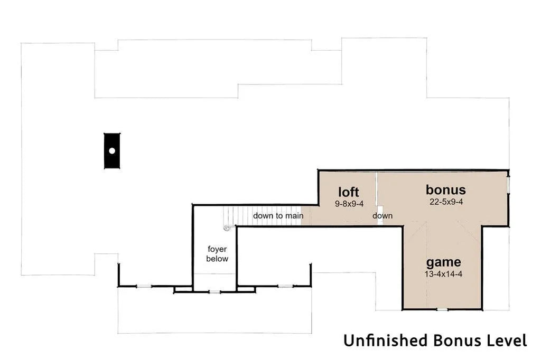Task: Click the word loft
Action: pos(349,192)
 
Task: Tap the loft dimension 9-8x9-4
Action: pos(349,204)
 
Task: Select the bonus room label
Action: pos(446,190)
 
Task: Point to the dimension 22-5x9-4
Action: pos(446,202)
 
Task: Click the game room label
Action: pos(444,262)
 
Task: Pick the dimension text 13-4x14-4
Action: pos(443,274)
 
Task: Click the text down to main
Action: pos(278,216)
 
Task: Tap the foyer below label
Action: pos(217,254)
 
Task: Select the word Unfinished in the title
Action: pos(385,340)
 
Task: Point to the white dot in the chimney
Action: pos(112,150)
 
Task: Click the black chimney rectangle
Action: pos(112,150)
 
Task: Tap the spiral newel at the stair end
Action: pos(226,228)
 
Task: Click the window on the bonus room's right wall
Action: pos(508,185)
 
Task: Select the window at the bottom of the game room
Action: pos(442,309)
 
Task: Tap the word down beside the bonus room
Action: pos(383,216)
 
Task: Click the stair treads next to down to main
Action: pos(262,215)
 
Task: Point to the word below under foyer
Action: pos(217,259)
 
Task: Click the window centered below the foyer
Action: pos(214,292)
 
